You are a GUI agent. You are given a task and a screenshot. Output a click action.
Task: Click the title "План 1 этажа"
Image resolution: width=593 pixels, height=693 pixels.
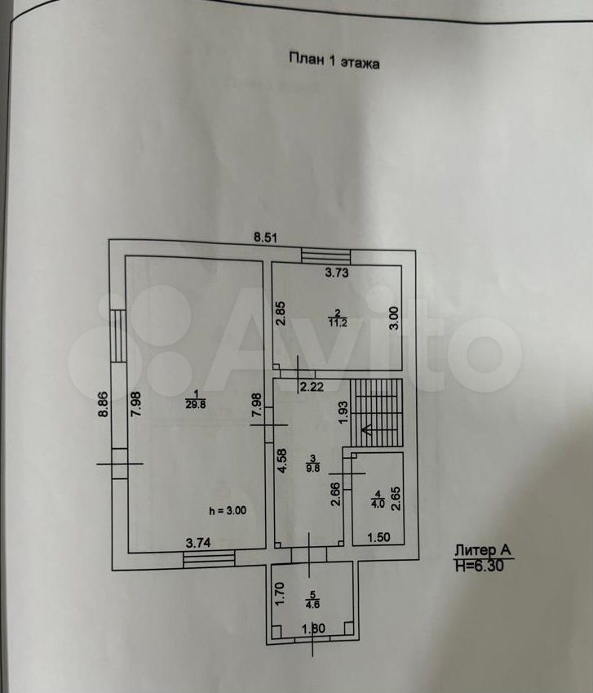pyautogui.click(x=334, y=61)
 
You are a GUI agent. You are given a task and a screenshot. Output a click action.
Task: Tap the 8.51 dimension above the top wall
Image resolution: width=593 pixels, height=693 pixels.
pyautogui.click(x=265, y=238)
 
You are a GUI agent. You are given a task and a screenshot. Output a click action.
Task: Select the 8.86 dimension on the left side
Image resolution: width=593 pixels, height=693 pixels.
pyautogui.click(x=103, y=404)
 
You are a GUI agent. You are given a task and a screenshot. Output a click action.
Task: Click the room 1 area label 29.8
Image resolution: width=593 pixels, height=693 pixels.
pyautogui.click(x=195, y=404)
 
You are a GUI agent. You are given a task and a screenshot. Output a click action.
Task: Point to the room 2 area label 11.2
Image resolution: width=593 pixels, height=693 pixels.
pyautogui.click(x=338, y=322)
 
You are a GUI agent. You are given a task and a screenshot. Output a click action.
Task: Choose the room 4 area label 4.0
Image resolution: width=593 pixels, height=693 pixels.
pyautogui.click(x=378, y=504)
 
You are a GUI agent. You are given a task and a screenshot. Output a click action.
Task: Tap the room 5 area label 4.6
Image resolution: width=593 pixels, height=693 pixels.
pyautogui.click(x=312, y=604)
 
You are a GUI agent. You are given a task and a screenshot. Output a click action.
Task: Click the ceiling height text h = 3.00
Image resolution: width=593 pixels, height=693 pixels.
pyautogui.click(x=228, y=511)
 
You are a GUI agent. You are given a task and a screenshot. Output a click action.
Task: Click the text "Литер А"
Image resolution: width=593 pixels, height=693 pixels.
pyautogui.click(x=483, y=550)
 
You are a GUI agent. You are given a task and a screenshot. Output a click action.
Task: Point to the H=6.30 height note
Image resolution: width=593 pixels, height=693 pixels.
pyautogui.click(x=479, y=566)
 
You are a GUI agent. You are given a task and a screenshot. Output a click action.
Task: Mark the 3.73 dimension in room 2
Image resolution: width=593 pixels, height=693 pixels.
pyautogui.click(x=336, y=273)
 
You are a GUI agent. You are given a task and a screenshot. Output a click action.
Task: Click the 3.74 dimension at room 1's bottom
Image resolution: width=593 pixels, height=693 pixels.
pyautogui.click(x=198, y=543)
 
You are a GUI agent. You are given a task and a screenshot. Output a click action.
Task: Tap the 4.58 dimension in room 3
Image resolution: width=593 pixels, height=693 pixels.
pyautogui.click(x=281, y=461)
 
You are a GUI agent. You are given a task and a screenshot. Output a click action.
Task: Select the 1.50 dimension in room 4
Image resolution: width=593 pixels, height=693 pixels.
pyautogui.click(x=378, y=537)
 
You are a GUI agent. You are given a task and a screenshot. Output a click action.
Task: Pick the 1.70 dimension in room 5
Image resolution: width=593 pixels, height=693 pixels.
pyautogui.click(x=280, y=593)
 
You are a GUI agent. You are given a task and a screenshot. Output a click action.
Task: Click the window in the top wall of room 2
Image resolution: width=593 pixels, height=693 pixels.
pyautogui.click(x=325, y=256)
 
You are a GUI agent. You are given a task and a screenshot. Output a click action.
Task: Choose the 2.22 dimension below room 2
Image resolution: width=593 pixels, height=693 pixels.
pyautogui.click(x=312, y=387)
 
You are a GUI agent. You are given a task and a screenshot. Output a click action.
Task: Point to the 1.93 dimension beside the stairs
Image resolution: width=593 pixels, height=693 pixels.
pyautogui.click(x=344, y=412)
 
